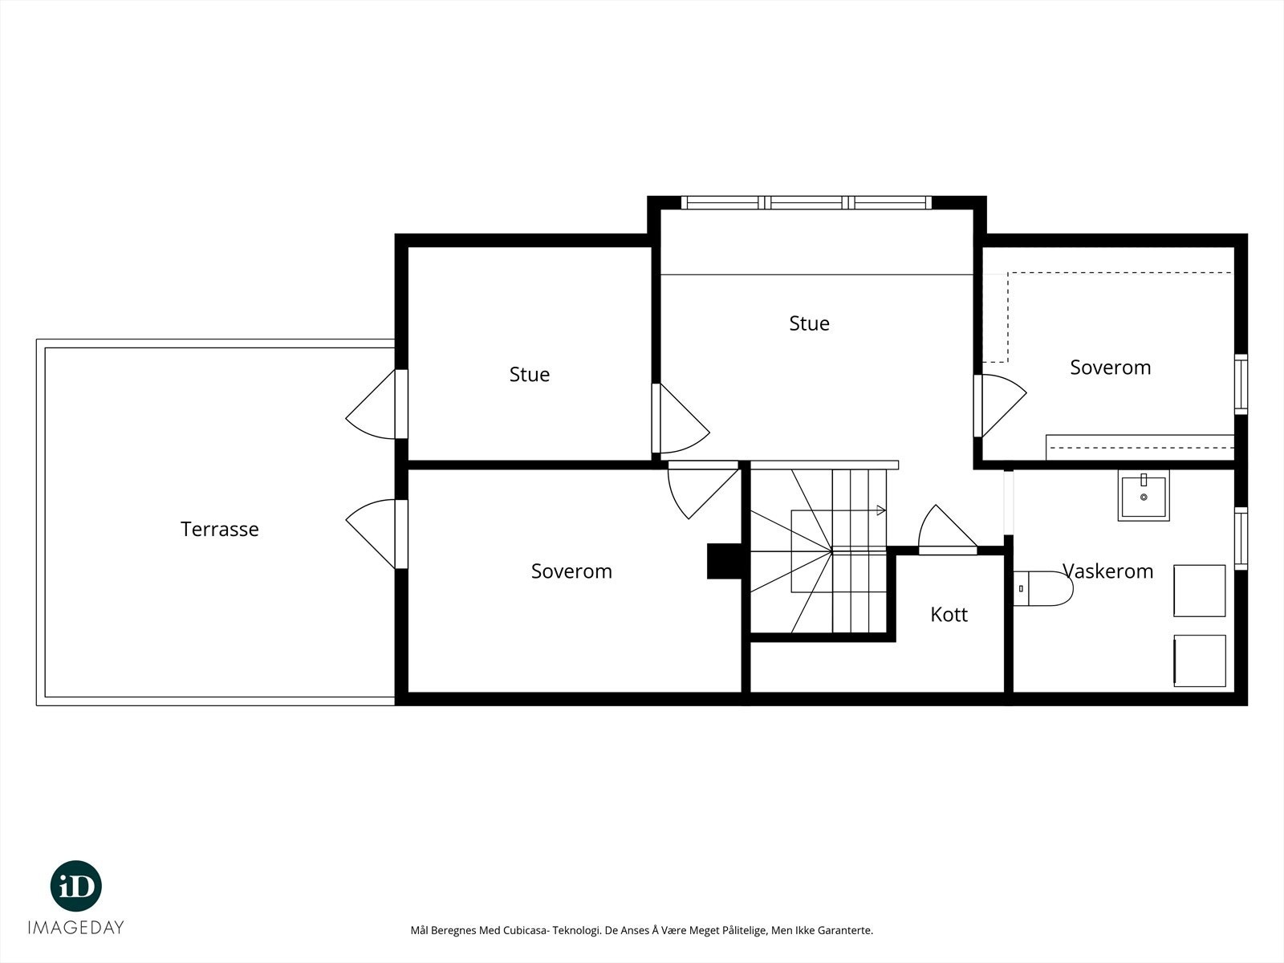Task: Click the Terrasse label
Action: click(219, 529)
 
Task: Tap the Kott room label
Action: click(949, 615)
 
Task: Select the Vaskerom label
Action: click(1108, 571)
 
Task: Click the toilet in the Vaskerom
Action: click(1043, 589)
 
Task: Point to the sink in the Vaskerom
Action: click(1144, 496)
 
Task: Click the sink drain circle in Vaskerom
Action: click(1144, 497)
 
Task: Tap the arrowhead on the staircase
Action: click(881, 510)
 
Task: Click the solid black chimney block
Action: click(725, 561)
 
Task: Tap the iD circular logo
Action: click(76, 886)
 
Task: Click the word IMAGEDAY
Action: click(76, 928)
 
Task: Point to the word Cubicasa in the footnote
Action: click(527, 930)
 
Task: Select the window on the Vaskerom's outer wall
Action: click(1241, 538)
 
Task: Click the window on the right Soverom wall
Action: click(1241, 384)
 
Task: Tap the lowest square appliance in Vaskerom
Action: click(1200, 660)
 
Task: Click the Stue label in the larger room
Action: click(809, 323)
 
